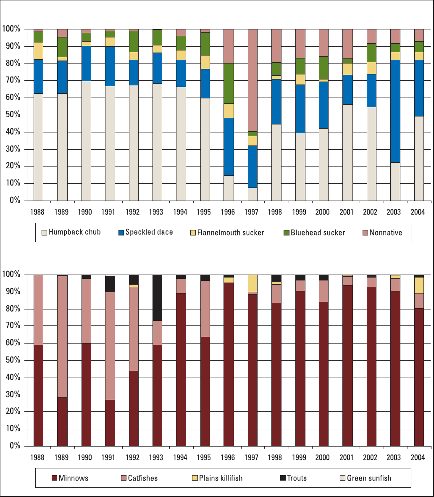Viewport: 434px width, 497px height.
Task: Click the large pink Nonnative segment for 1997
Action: [252, 80]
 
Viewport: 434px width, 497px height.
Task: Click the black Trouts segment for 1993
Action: [157, 298]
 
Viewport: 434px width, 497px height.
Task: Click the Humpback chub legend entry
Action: [72, 232]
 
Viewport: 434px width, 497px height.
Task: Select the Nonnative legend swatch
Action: [364, 232]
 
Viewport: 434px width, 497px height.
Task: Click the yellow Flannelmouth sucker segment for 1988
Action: [38, 51]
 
